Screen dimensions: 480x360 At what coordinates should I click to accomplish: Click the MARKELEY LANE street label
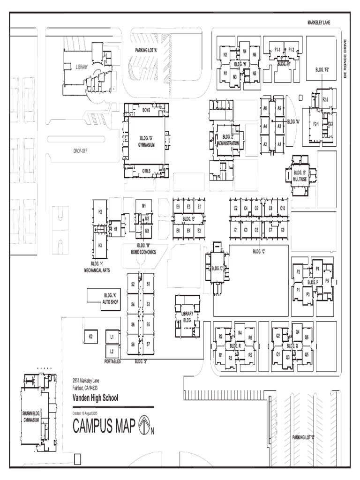[319, 22]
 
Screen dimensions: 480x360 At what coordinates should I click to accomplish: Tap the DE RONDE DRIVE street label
[346, 59]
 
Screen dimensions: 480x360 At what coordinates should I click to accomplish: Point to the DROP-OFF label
[80, 151]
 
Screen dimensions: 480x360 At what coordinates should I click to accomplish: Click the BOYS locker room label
[146, 110]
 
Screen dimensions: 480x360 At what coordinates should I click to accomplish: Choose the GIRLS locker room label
[146, 172]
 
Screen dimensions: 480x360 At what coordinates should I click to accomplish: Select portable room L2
[112, 351]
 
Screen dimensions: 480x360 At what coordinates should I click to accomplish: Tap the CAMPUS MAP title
[105, 426]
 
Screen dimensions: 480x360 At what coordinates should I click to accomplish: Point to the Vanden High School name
[95, 398]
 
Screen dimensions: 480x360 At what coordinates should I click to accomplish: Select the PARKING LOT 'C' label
[303, 437]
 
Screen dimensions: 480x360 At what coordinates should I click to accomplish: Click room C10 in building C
[283, 208]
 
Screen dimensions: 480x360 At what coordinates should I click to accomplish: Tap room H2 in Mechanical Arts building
[100, 212]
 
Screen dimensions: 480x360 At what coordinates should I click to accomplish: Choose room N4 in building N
[244, 50]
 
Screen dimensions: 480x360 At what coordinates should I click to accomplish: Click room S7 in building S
[148, 344]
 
